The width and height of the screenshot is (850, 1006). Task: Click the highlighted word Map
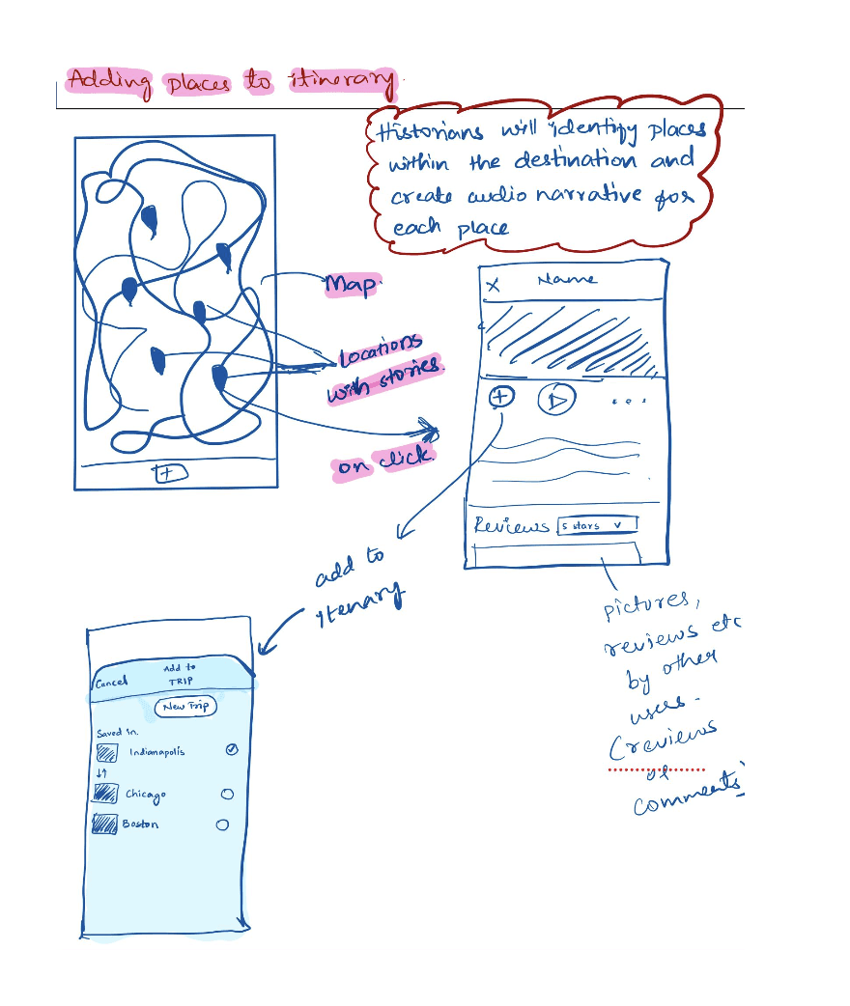(353, 285)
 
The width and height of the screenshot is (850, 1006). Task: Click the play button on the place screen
(556, 399)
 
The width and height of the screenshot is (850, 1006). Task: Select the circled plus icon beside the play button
(500, 396)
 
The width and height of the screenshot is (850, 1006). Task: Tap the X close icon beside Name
(494, 284)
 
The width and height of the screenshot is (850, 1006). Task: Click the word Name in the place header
(567, 279)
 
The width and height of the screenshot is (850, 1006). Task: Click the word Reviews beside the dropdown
(511, 526)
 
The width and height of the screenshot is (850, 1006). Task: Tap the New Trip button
(185, 707)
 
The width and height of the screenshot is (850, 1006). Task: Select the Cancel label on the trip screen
(111, 682)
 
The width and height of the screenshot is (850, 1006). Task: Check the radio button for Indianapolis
(232, 750)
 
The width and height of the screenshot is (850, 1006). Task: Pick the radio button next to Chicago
(227, 794)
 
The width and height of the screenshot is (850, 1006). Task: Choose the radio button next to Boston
(222, 824)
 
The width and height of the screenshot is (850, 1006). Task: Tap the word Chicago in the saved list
(145, 794)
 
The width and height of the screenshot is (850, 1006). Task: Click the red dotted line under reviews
(657, 770)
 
